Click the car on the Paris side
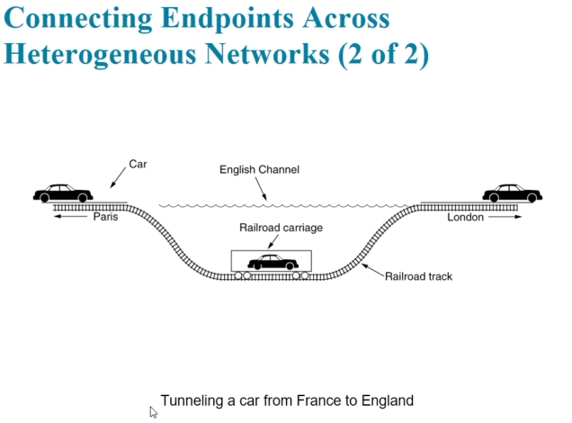click(63, 193)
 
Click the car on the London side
click(512, 193)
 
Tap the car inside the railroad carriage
click(273, 262)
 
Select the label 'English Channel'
click(260, 169)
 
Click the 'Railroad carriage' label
click(281, 228)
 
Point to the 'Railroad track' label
click(418, 276)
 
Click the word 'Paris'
click(105, 217)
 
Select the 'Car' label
click(138, 164)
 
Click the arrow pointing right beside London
click(505, 217)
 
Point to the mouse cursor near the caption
click(154, 411)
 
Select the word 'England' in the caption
click(387, 400)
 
